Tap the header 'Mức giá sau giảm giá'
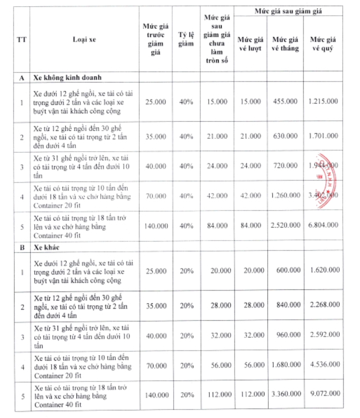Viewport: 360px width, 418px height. click(288, 11)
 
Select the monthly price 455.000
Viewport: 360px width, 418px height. click(286, 101)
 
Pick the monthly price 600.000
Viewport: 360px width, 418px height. click(286, 270)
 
